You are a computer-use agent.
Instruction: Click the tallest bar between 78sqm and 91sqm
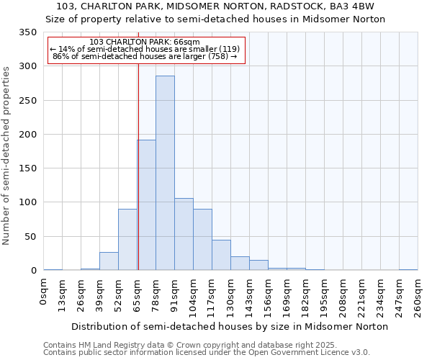tap(165, 173)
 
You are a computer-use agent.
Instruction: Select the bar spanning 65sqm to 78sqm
tap(147, 205)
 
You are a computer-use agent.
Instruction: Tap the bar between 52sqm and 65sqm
tap(127, 240)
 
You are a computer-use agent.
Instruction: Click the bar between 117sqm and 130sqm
tap(221, 255)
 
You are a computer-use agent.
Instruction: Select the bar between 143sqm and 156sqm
tap(258, 265)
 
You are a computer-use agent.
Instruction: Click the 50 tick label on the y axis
tap(30, 236)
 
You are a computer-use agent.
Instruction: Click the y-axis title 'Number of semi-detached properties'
tap(6, 155)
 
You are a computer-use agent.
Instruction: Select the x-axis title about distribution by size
tap(230, 326)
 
